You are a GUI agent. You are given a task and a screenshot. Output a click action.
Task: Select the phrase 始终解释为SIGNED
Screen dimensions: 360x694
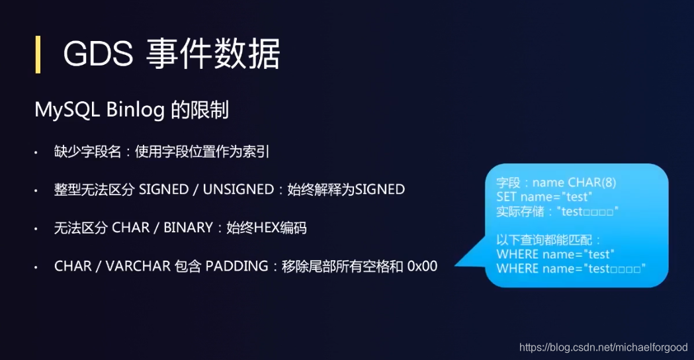click(x=345, y=190)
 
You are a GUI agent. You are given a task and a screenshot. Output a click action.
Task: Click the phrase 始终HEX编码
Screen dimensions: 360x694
click(x=267, y=228)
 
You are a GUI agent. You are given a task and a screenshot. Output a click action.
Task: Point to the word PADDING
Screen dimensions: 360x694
click(x=236, y=267)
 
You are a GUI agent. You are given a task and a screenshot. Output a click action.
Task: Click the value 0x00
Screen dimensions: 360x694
click(x=422, y=267)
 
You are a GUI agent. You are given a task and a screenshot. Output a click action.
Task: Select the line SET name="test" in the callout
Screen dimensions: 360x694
click(x=543, y=197)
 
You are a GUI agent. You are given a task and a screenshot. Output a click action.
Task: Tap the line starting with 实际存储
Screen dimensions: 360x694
click(x=556, y=212)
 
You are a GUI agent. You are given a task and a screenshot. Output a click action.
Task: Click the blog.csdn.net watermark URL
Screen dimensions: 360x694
click(x=603, y=347)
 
